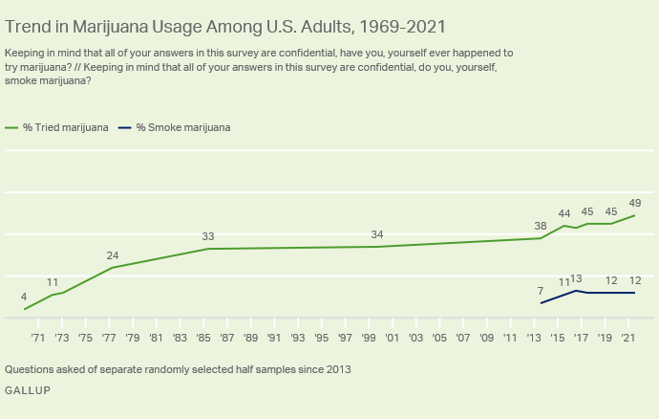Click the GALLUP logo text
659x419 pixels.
click(x=28, y=390)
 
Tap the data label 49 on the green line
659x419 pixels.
click(x=635, y=203)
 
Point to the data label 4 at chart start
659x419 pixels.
click(x=24, y=297)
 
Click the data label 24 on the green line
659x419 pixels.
click(x=113, y=255)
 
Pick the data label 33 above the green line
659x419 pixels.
click(x=207, y=236)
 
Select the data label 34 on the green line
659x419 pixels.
click(x=377, y=234)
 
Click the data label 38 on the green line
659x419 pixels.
click(x=541, y=226)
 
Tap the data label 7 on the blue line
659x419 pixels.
click(x=541, y=291)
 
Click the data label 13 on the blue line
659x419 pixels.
click(x=576, y=278)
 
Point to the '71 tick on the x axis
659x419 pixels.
click(x=38, y=338)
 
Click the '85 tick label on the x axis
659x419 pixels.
click(x=203, y=338)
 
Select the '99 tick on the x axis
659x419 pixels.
click(x=369, y=338)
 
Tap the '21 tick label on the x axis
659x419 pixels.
click(x=628, y=338)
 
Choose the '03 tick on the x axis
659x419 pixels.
click(x=416, y=338)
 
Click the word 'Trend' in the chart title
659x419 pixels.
click(x=29, y=26)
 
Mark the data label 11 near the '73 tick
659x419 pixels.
click(x=53, y=282)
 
